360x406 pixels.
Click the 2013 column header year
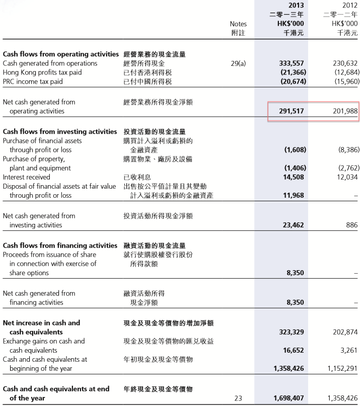click(x=296, y=6)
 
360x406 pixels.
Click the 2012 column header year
click(x=349, y=6)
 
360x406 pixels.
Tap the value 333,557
click(x=292, y=63)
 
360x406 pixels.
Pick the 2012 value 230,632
click(x=345, y=63)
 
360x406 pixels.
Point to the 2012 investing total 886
click(x=351, y=225)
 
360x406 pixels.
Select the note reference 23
click(x=238, y=398)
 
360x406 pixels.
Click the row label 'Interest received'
click(x=26, y=177)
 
